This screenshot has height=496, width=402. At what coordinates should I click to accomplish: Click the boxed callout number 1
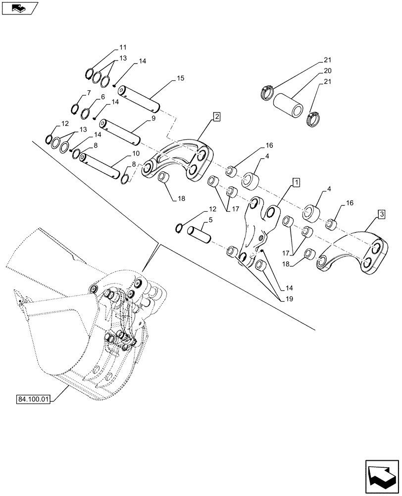pyautogui.click(x=296, y=183)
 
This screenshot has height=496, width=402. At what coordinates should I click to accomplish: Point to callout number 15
pyautogui.click(x=180, y=79)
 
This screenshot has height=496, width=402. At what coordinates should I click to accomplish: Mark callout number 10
pyautogui.click(x=135, y=154)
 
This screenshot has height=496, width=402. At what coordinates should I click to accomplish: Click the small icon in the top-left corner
pyautogui.click(x=19, y=8)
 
